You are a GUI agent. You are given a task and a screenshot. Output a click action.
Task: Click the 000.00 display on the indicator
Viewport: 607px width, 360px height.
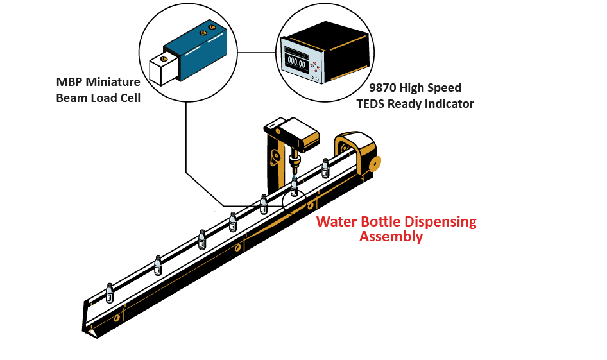point(296,62)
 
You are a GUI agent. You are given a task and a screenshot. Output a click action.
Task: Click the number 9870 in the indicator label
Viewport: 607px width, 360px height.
point(382,88)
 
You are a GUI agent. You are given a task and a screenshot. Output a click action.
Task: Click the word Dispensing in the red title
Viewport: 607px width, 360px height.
point(436,222)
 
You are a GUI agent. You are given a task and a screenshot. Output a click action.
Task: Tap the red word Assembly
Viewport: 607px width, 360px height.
point(391,236)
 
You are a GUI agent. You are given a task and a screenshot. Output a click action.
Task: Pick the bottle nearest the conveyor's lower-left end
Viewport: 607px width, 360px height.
point(110,294)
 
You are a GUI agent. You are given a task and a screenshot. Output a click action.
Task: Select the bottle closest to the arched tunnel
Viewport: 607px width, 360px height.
point(325,167)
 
